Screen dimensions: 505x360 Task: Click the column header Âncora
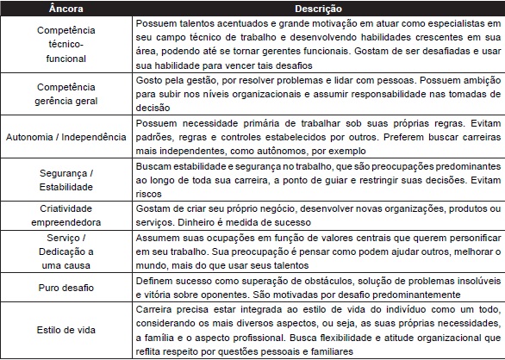point(67,7)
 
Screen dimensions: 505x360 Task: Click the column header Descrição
point(319,7)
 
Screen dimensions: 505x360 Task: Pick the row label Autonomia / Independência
point(67,138)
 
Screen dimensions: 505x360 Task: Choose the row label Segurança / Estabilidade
point(67,178)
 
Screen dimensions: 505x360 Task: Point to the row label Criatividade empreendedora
point(67,215)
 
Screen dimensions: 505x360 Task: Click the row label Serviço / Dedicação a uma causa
point(67,251)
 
